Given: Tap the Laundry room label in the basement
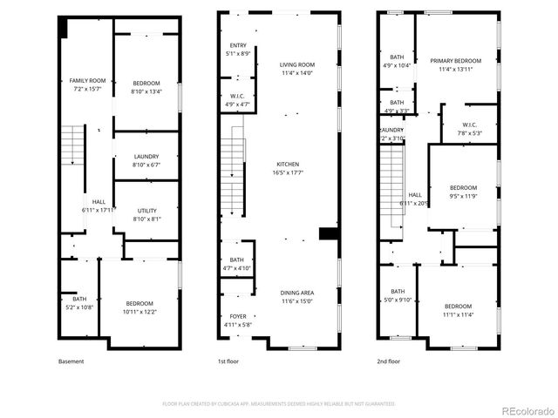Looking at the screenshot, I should [147, 160].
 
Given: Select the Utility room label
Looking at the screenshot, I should [147, 214].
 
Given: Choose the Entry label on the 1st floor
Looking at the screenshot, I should [238, 50].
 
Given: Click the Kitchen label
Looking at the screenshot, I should [288, 168].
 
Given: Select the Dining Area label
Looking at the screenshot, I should [297, 297].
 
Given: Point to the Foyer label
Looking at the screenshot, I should [238, 320].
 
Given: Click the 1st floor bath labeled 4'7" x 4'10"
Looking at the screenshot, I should [237, 264].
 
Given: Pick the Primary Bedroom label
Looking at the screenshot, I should [456, 64].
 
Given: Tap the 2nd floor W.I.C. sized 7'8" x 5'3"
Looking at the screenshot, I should [468, 129].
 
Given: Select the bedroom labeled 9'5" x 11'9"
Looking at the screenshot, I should [463, 192].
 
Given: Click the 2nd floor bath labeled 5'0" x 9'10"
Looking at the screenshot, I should [398, 295].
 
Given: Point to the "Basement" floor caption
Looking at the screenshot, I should [71, 361].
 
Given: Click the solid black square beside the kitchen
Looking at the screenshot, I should [328, 233].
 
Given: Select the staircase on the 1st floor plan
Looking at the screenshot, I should [233, 170].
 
